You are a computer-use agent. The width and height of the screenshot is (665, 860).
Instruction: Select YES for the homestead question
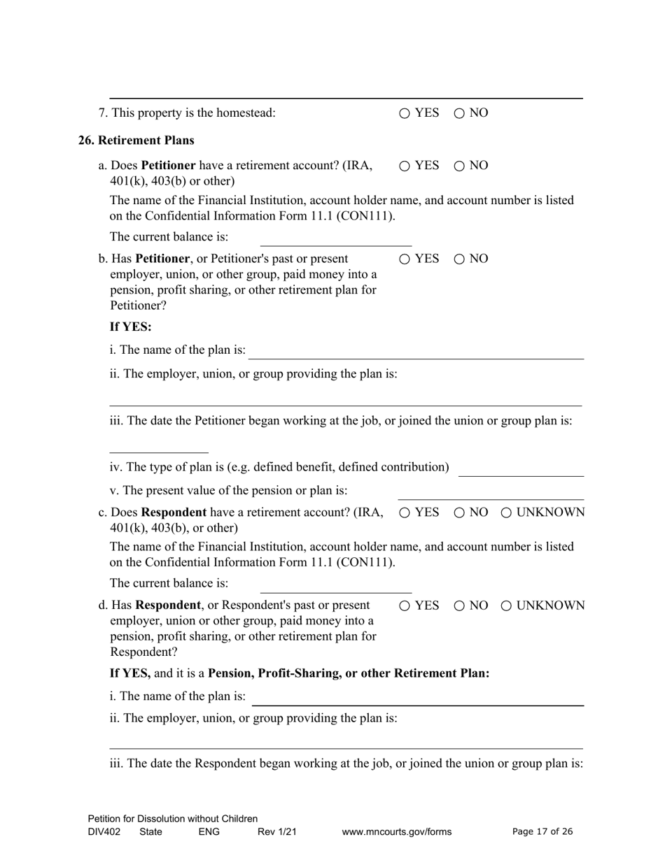click(x=405, y=113)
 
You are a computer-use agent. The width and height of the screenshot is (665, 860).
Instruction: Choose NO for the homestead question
click(x=459, y=113)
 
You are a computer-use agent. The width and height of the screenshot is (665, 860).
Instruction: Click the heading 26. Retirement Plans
click(x=136, y=141)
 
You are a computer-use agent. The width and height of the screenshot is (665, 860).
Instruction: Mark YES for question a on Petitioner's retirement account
click(x=405, y=166)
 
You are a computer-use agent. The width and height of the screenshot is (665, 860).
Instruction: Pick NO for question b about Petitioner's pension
click(x=459, y=259)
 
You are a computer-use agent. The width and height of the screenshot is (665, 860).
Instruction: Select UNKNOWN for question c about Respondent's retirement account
click(x=506, y=513)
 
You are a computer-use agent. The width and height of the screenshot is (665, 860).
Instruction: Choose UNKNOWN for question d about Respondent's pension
click(x=506, y=606)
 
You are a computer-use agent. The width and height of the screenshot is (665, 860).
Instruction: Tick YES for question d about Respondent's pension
click(x=405, y=606)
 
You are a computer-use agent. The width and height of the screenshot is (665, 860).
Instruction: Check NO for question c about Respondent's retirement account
click(x=459, y=513)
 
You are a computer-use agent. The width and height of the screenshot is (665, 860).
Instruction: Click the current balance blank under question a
click(x=335, y=238)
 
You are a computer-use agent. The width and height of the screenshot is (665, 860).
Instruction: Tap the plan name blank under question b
click(x=416, y=351)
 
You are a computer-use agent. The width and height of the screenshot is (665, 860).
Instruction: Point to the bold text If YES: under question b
click(x=131, y=327)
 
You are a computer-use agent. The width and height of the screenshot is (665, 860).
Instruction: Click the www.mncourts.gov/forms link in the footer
click(x=396, y=832)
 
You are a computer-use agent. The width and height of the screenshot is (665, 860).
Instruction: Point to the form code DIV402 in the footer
click(x=104, y=832)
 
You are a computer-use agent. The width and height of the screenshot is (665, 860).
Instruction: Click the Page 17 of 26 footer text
click(x=542, y=832)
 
